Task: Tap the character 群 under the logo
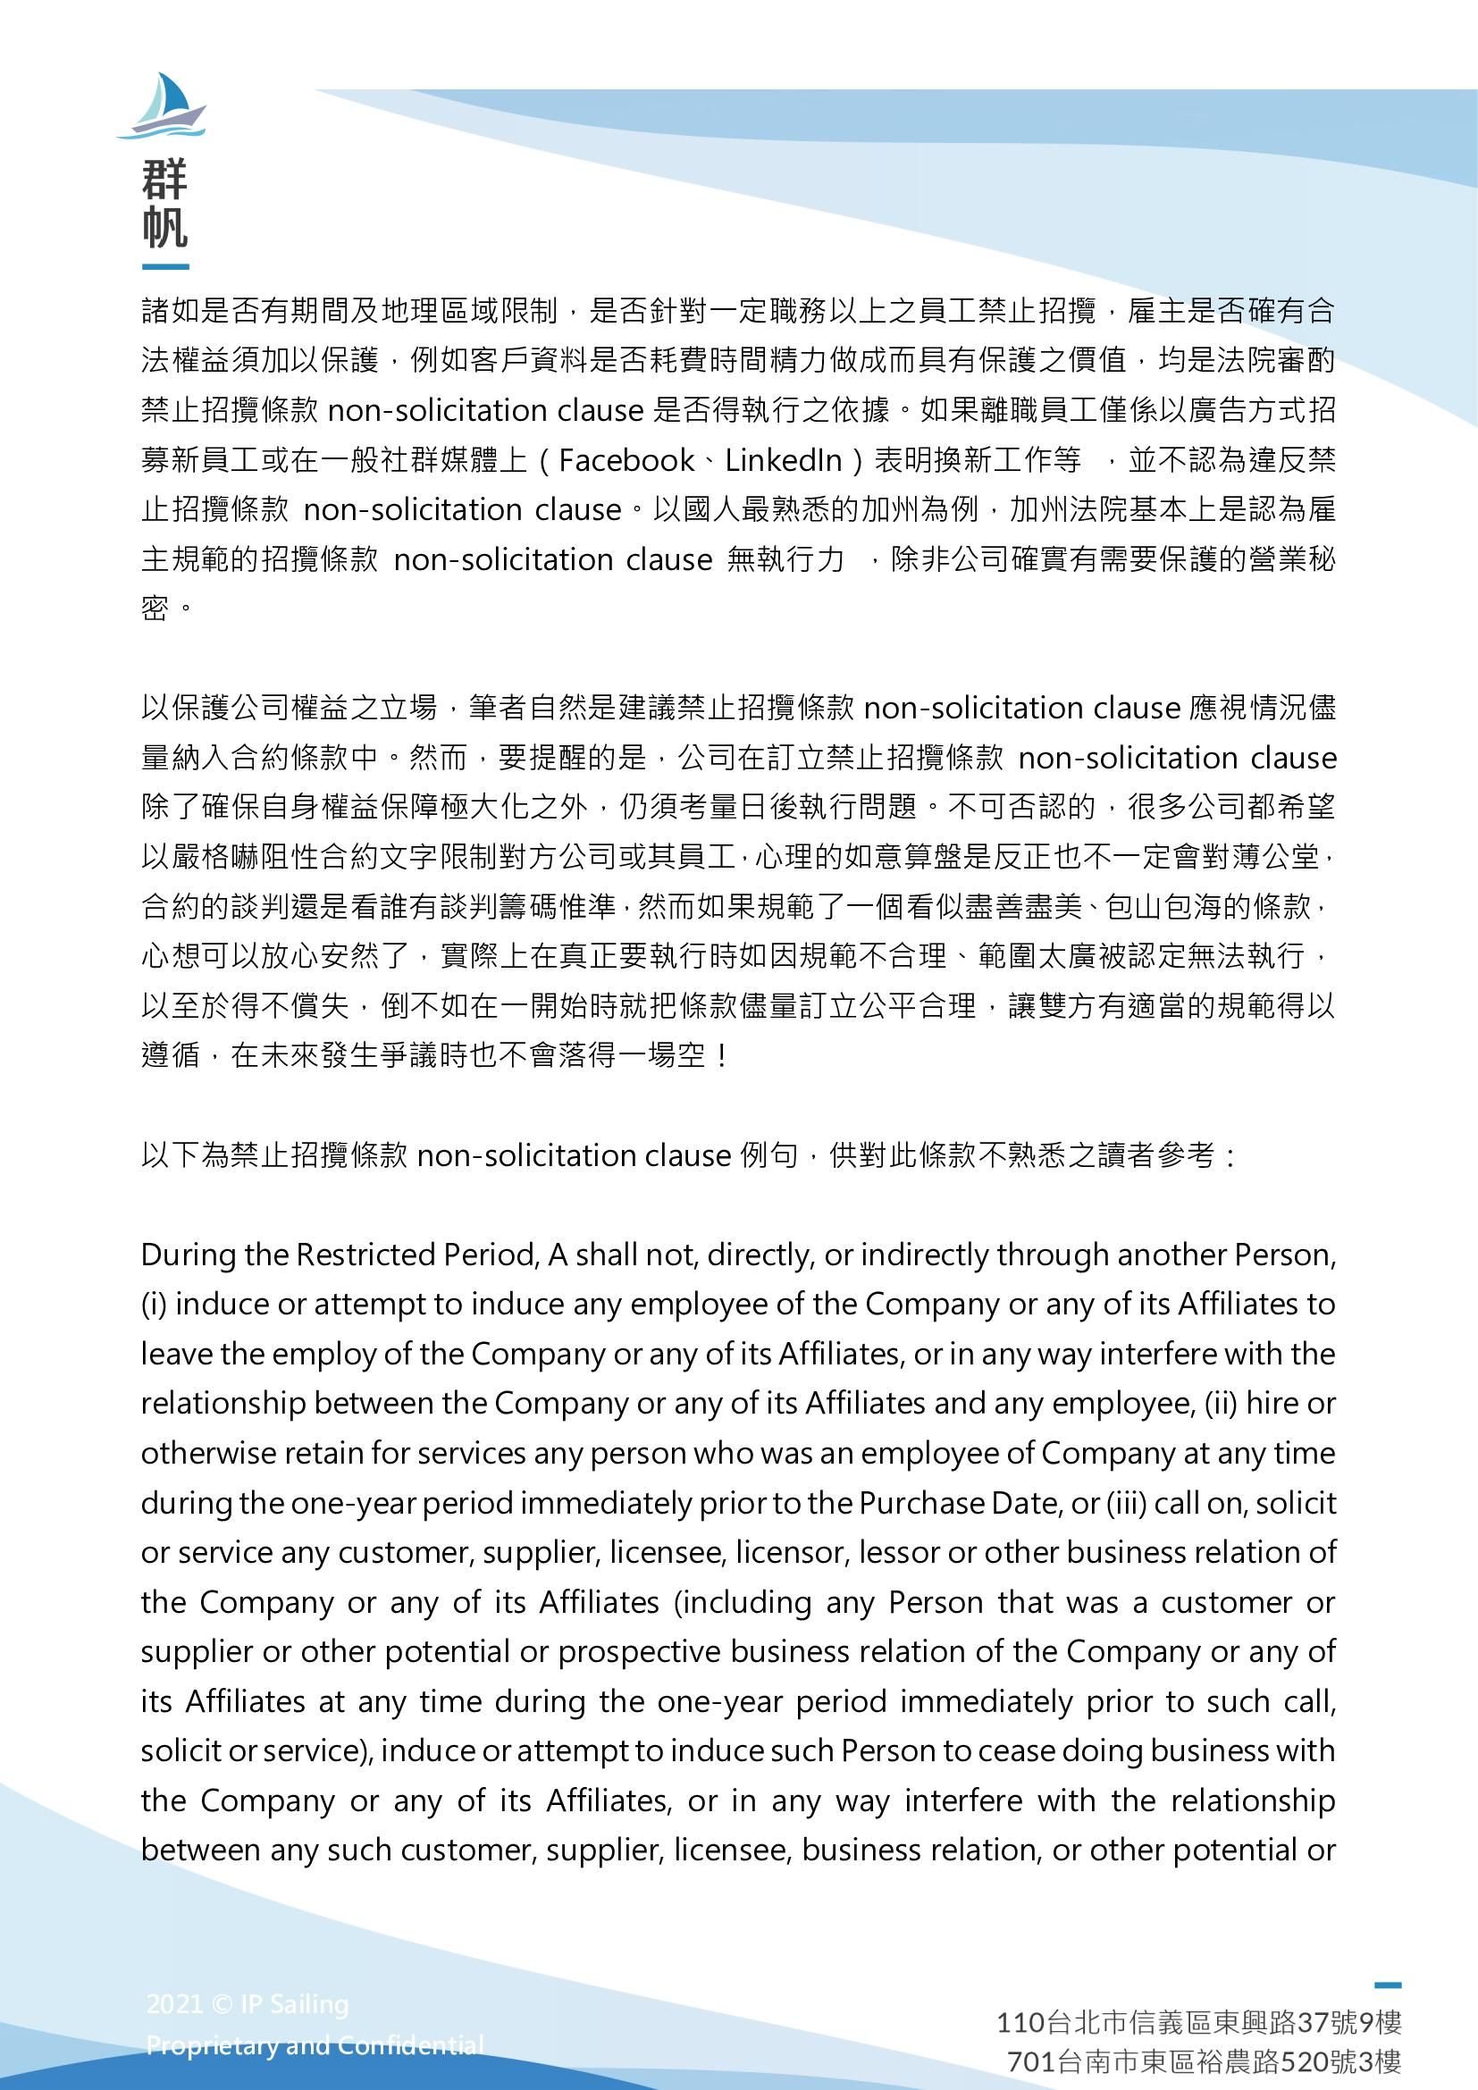pyautogui.click(x=164, y=180)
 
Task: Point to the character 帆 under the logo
pyautogui.click(x=164, y=228)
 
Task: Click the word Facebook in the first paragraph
pyautogui.click(x=626, y=460)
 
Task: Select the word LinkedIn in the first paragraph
pyautogui.click(x=783, y=460)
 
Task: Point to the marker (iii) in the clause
pyautogui.click(x=1126, y=1503)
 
